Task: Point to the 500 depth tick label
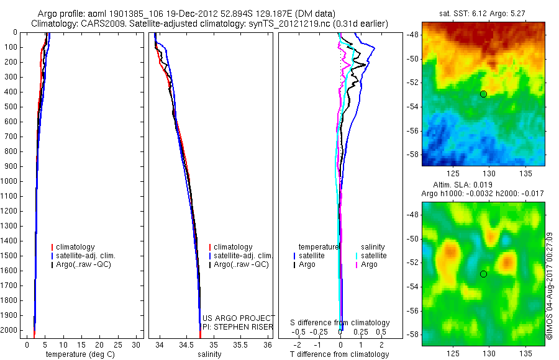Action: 10,107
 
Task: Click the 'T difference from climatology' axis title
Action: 339,354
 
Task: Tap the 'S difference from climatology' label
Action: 340,323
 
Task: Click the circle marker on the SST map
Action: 483,94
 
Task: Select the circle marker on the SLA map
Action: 483,274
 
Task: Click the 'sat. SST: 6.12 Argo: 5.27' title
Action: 483,14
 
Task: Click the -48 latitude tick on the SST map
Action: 412,35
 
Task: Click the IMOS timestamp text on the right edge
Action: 550,286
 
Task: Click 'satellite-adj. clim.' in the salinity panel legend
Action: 243,256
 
